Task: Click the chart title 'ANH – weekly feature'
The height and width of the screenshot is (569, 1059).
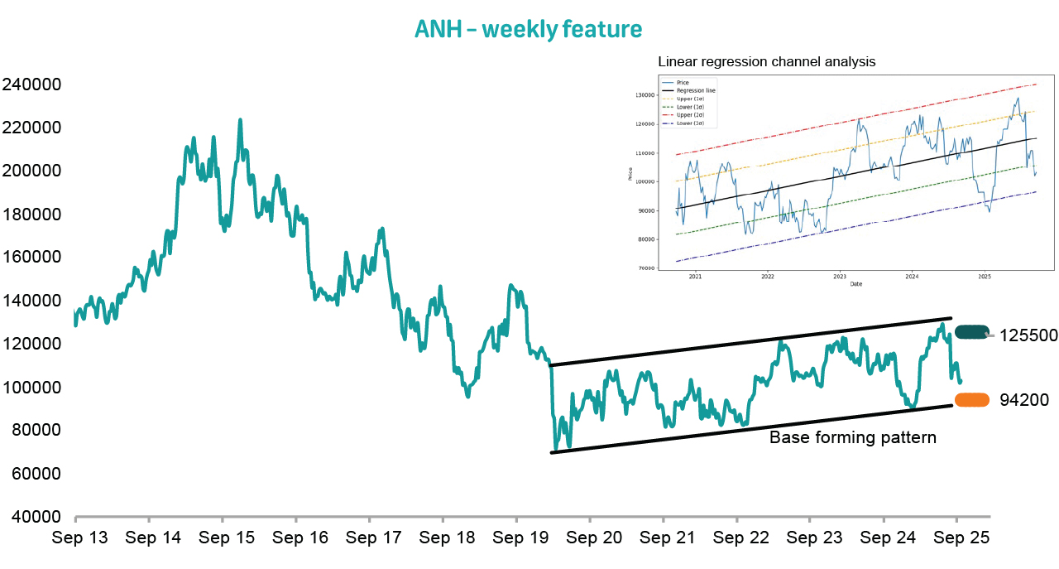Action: [528, 30]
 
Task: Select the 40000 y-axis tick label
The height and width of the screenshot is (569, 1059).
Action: [36, 517]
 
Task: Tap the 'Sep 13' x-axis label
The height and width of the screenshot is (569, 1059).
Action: [79, 538]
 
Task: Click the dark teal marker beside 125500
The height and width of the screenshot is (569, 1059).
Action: [972, 332]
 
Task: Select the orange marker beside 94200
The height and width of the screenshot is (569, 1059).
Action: [972, 400]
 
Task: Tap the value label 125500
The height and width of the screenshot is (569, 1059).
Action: [1028, 335]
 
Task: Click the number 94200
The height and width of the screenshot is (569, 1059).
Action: [1024, 401]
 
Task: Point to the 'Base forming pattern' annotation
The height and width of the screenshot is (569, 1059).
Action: [852, 437]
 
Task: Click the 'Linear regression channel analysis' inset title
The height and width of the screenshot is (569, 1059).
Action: [766, 61]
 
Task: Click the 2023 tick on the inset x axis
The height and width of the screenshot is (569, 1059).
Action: [840, 276]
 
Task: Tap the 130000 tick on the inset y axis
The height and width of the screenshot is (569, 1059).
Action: [645, 95]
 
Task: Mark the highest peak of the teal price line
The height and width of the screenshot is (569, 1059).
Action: [240, 120]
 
